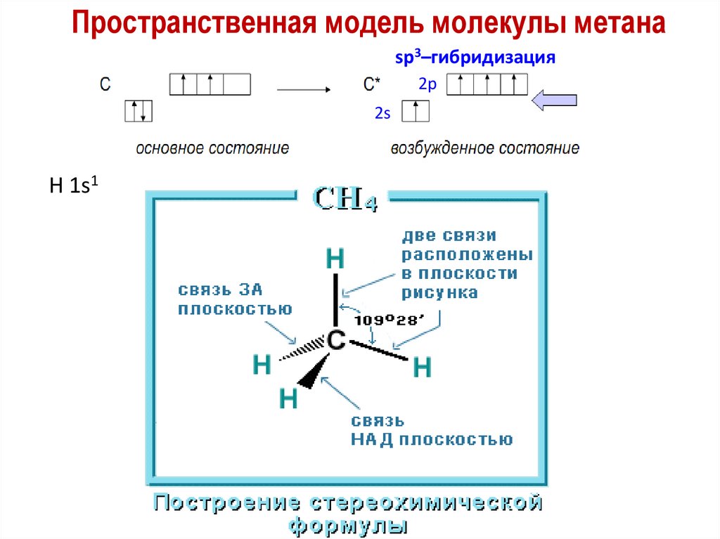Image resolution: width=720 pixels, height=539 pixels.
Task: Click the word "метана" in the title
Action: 619,25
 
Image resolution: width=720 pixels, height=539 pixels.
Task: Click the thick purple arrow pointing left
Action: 554,100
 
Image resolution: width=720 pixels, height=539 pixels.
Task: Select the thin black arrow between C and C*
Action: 304,90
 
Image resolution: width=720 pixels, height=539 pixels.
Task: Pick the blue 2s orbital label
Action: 382,112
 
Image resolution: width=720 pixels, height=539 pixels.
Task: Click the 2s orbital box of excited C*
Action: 415,112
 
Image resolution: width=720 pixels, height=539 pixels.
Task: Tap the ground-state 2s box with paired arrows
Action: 139,112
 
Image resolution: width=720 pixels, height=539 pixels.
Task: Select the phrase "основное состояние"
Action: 212,148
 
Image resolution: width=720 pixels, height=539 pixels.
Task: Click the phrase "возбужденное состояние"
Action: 485,148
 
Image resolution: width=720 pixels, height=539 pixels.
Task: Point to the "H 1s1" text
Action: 72,187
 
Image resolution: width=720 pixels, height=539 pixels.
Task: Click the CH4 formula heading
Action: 346,199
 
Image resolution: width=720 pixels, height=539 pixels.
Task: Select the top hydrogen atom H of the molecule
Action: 336,259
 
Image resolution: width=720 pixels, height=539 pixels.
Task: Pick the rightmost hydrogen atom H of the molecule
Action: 422,367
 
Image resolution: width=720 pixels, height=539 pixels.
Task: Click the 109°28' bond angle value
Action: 389,320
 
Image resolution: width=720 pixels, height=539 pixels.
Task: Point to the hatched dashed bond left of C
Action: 302,349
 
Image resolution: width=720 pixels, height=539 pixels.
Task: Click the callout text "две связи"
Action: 448,235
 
